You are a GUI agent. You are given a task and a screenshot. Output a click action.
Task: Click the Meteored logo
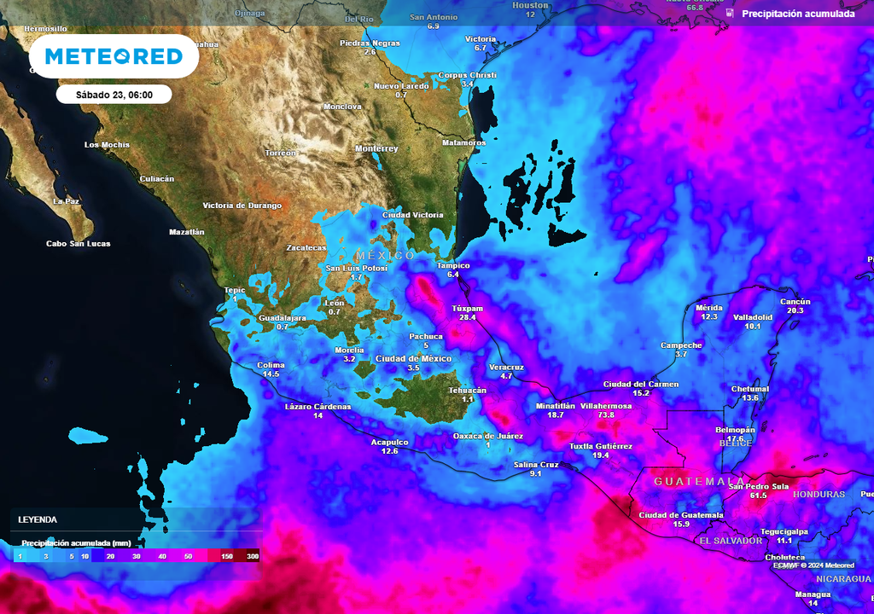pyautogui.click(x=114, y=56)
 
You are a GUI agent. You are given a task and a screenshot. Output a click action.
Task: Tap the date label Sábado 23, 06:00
pyautogui.click(x=114, y=95)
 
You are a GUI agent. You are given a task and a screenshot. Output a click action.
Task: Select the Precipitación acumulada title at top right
pyautogui.click(x=797, y=14)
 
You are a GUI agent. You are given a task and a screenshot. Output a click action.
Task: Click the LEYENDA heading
pyautogui.click(x=38, y=519)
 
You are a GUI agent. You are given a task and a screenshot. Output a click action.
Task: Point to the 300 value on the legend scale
pyautogui.click(x=253, y=556)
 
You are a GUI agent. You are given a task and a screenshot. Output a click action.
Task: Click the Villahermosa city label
pyautogui.click(x=606, y=406)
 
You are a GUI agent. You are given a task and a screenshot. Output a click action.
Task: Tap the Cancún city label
pyautogui.click(x=795, y=302)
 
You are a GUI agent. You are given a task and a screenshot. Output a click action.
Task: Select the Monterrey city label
pyautogui.click(x=376, y=148)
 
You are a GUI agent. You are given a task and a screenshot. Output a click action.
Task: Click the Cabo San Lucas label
pyautogui.click(x=78, y=244)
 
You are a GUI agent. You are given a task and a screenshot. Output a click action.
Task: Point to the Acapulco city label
pyautogui.click(x=389, y=442)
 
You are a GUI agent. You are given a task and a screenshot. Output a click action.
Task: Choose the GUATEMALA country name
pyautogui.click(x=698, y=482)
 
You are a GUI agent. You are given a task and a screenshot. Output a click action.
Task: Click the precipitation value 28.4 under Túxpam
pyautogui.click(x=467, y=317)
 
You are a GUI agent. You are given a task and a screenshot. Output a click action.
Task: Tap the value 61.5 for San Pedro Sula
pyautogui.click(x=758, y=495)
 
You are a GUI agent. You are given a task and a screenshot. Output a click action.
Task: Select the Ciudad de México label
pyautogui.click(x=413, y=359)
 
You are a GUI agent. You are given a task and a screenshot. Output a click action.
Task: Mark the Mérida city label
pyautogui.click(x=709, y=307)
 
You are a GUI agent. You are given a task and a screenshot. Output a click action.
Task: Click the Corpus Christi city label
pyautogui.click(x=467, y=75)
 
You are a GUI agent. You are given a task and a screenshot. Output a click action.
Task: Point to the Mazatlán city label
pyautogui.click(x=187, y=232)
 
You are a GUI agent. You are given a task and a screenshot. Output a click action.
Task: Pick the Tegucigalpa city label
pyautogui.click(x=784, y=531)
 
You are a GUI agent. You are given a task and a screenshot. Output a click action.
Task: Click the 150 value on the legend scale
pyautogui.click(x=228, y=556)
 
